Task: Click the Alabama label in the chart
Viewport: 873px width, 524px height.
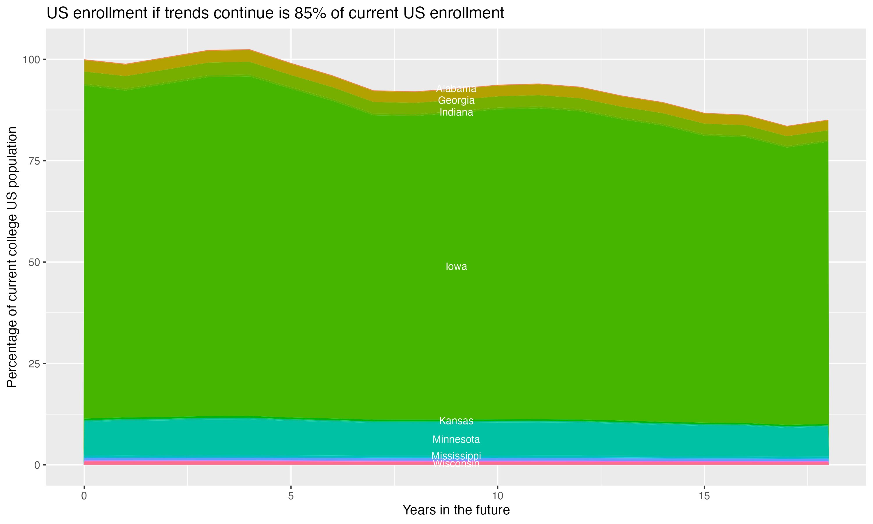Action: coord(456,88)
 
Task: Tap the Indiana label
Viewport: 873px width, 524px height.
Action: coord(456,112)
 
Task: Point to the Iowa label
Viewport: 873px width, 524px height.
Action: coord(456,267)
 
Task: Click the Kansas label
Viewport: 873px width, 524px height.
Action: coord(456,421)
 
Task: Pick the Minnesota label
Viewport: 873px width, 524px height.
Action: coord(456,439)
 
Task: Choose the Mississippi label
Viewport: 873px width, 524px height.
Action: coord(456,456)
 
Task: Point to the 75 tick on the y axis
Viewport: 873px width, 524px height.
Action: coord(33,161)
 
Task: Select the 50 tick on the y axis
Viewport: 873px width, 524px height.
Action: coord(33,262)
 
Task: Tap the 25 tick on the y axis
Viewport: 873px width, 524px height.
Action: coord(33,364)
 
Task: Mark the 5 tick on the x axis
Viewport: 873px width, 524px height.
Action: coord(291,496)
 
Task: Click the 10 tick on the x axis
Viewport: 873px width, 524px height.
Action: coord(498,496)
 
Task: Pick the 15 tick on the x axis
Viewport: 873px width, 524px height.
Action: coord(704,496)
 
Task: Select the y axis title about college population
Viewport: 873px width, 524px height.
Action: coord(12,257)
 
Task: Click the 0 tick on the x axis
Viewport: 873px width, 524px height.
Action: coord(84,496)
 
